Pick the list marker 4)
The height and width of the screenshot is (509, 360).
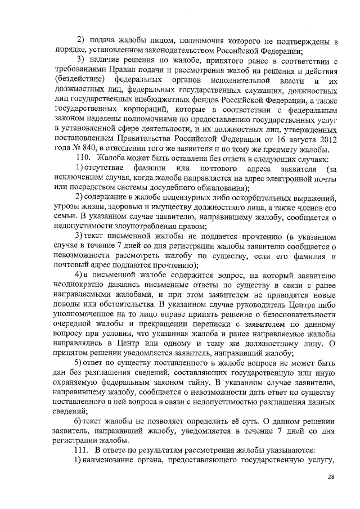coord(80,276)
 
